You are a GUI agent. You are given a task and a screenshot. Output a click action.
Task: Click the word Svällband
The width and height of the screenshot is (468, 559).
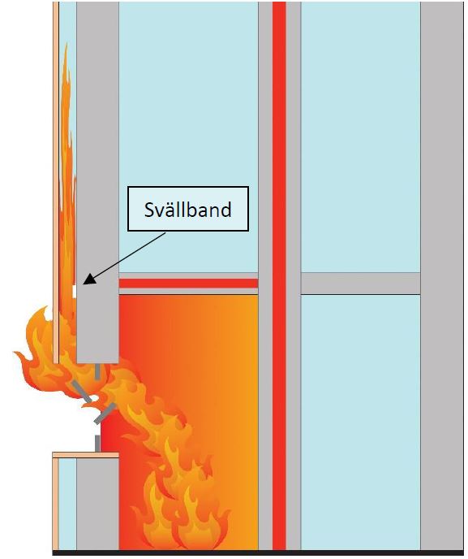187,210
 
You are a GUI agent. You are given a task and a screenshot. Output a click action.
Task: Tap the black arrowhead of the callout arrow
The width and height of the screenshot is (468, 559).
89,279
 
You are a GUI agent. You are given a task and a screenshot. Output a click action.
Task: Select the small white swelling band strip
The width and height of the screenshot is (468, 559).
75,291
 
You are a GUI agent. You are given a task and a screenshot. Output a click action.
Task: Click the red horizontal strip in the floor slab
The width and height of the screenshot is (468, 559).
188,284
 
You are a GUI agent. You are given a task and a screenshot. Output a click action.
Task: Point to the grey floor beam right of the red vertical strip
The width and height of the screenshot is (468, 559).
360,284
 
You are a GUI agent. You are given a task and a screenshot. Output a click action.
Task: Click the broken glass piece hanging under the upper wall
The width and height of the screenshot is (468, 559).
97,371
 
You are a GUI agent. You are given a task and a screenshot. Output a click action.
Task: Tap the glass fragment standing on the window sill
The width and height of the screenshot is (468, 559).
97,444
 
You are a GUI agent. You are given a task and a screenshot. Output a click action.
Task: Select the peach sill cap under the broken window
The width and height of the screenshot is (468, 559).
85,455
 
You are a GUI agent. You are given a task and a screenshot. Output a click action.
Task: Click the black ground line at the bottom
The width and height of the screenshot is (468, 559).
259,553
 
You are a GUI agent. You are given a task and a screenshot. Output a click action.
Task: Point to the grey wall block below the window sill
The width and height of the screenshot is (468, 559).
97,504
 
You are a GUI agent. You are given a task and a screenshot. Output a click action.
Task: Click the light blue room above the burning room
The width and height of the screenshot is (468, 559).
188,137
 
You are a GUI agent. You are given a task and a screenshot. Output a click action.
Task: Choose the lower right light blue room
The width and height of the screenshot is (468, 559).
360,422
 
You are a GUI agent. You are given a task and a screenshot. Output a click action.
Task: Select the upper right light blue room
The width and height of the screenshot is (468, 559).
360,137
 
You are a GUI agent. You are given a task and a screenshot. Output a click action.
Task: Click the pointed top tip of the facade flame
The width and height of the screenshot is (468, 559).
66,44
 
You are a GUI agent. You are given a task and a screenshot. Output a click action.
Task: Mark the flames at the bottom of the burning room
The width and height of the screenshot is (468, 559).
182,513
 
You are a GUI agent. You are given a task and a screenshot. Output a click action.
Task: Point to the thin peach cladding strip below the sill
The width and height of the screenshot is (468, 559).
55,504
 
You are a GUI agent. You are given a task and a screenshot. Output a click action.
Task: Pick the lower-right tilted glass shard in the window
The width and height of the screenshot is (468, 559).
105,414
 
